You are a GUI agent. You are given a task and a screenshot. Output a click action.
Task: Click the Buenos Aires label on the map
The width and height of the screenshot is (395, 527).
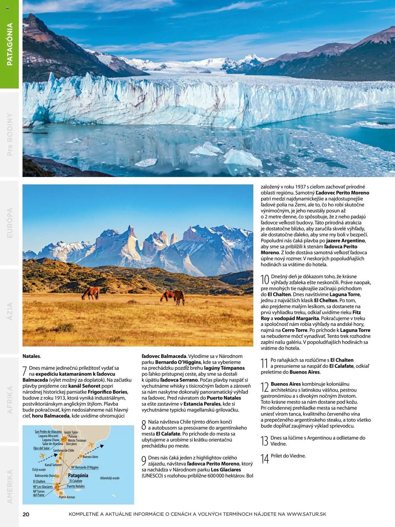(90, 457)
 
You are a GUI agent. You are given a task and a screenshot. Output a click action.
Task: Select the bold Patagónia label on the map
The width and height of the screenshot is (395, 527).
(78, 475)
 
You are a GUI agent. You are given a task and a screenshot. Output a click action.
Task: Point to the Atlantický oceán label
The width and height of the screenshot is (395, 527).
(110, 478)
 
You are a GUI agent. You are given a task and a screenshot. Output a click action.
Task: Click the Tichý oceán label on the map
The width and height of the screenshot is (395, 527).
(39, 470)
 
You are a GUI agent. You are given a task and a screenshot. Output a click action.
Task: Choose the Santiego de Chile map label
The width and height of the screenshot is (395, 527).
(64, 450)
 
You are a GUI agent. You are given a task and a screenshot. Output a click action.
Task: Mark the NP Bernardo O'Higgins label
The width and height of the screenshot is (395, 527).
(85, 467)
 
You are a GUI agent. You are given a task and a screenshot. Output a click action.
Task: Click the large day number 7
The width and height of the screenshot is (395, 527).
(25, 371)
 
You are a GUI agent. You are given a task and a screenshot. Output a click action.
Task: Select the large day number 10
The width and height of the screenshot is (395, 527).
(265, 280)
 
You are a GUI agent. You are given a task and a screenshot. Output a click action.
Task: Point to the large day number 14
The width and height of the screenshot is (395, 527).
(265, 459)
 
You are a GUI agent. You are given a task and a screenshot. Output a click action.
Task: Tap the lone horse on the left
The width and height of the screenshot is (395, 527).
(90, 293)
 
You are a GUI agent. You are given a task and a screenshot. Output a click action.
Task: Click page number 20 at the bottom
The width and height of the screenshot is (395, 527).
(26, 514)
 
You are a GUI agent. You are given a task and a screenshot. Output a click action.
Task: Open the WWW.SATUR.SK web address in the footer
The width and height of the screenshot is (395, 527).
(306, 514)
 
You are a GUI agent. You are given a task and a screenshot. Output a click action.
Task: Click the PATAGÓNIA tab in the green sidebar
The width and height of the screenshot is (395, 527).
(10, 44)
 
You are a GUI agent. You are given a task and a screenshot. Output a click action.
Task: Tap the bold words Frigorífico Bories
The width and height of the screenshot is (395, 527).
(107, 392)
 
